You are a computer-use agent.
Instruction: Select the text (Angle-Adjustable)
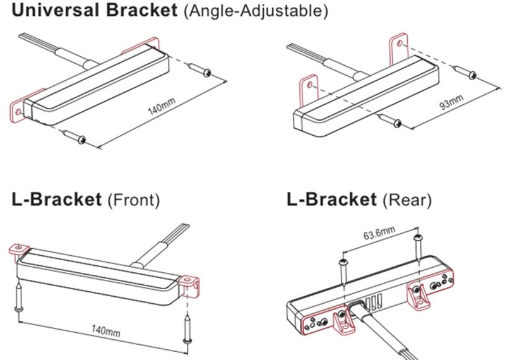coord(255,12)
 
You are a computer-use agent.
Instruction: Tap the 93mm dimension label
coord(451,104)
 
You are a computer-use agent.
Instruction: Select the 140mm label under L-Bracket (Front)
coord(105,330)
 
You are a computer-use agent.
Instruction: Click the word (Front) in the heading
coord(133,201)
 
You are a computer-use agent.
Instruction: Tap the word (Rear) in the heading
coord(407,201)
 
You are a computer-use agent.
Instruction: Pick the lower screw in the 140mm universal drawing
coord(74,136)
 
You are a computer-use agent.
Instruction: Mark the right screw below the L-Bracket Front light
coord(187,328)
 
